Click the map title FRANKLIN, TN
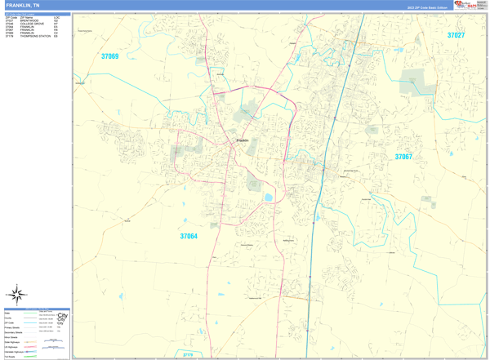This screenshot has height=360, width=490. click(23, 5)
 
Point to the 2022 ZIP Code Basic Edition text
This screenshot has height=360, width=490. click(428, 7)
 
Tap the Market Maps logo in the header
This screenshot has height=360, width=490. click(467, 5)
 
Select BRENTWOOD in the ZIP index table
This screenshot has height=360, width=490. click(29, 20)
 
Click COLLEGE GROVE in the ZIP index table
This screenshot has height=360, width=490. click(33, 24)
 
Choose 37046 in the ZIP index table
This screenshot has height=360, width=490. click(10, 24)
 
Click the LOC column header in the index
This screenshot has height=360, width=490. click(56, 17)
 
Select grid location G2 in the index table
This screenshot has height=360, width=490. click(56, 20)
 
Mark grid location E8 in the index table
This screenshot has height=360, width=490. click(56, 37)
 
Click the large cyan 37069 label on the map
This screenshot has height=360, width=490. click(109, 57)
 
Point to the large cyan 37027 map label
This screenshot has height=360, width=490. click(455, 35)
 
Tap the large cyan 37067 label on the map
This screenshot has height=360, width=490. click(403, 157)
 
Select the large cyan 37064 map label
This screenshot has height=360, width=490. click(189, 237)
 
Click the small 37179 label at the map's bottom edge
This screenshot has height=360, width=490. click(187, 355)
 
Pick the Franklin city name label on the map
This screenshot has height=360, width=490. click(243, 140)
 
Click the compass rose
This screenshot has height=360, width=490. click(16, 294)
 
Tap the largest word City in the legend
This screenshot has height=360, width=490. click(63, 317)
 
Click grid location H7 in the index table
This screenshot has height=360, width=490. click(56, 24)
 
